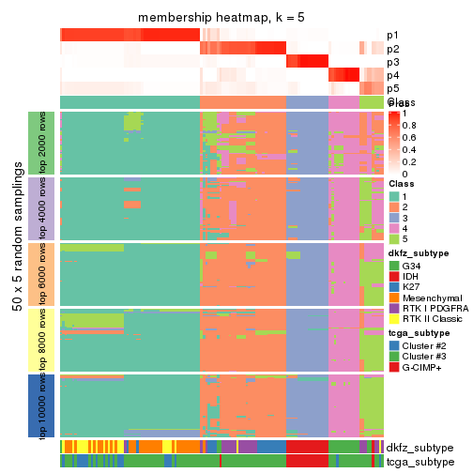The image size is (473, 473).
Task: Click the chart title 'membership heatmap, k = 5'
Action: point(221,19)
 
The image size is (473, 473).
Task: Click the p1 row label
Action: point(392,35)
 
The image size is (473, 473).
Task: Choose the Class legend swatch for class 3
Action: point(394,217)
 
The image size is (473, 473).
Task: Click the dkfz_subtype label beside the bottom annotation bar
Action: point(418,448)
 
